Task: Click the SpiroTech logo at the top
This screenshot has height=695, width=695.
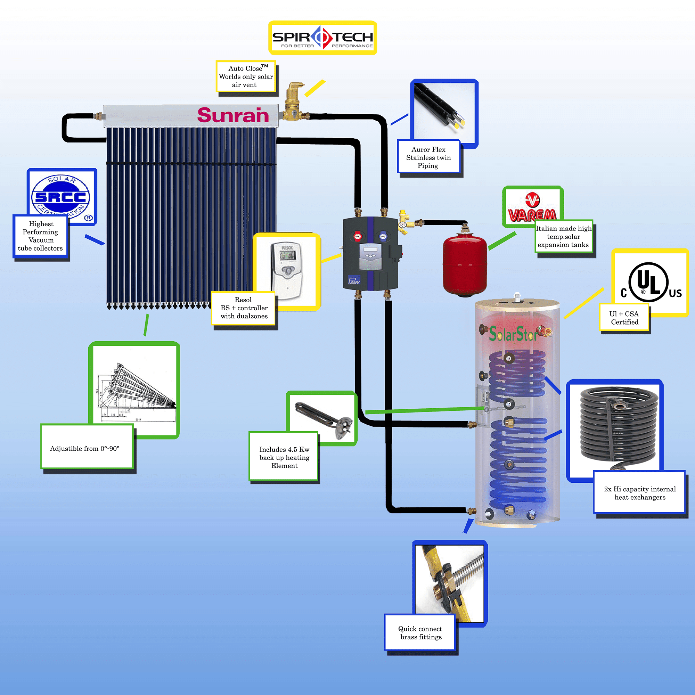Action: [x=322, y=38]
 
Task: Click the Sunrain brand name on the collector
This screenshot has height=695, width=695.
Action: [x=233, y=115]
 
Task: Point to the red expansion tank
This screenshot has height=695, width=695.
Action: [x=465, y=264]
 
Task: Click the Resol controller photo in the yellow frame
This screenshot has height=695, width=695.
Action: [x=287, y=270]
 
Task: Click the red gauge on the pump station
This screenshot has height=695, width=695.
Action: [x=358, y=236]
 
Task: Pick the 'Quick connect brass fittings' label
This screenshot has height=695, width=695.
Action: [x=420, y=632]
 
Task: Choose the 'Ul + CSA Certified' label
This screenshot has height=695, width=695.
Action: [x=624, y=318]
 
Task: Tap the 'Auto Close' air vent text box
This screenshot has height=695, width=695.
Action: [x=246, y=76]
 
